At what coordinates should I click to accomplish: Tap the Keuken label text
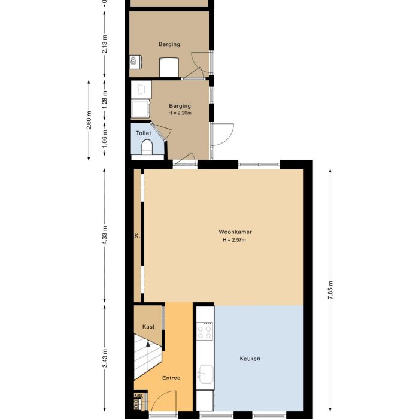pos(250,359)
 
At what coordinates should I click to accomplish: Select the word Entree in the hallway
pos(171,378)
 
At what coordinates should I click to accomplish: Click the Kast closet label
pos(148,327)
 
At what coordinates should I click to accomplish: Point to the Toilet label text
pos(144,133)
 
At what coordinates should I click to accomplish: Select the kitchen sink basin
pos(205,375)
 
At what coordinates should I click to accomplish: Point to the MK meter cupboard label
pos(138,396)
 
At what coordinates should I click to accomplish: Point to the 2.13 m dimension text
pos(105,45)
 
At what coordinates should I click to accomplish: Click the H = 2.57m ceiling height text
pos(233,240)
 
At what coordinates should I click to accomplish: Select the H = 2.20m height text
pos(180,113)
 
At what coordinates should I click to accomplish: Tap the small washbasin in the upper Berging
pos(135,60)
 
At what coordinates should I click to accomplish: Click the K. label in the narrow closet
pos(137,236)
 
